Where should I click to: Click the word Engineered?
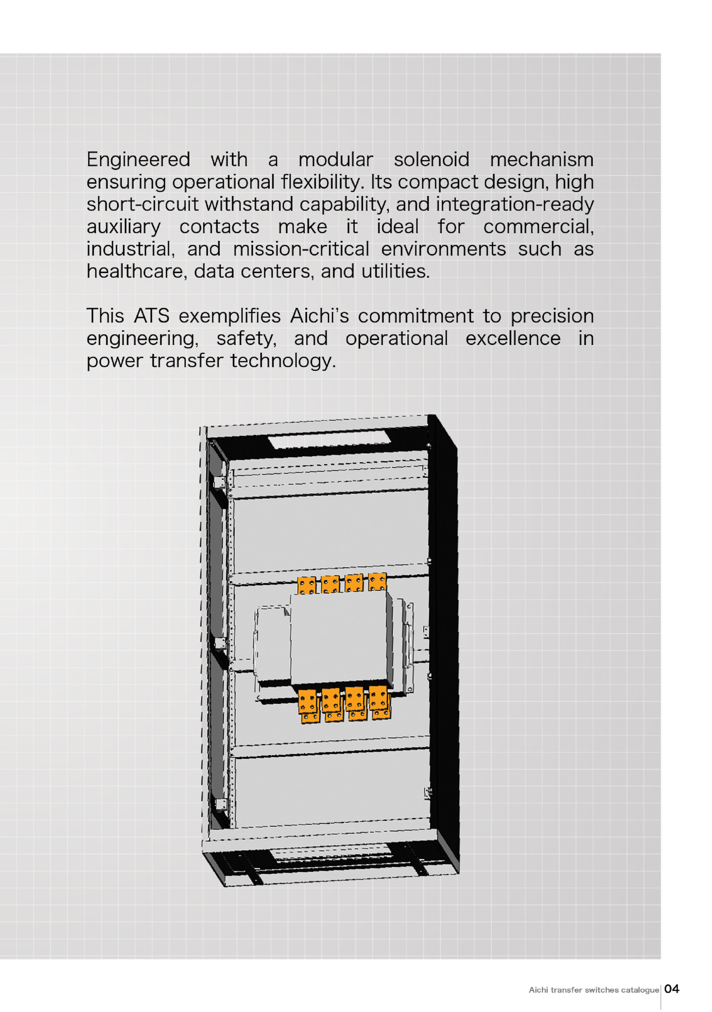(138, 160)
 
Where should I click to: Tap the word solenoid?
(431, 160)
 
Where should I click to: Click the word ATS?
(152, 316)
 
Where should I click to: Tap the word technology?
(283, 361)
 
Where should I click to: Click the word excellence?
(513, 339)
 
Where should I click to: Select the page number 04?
(672, 989)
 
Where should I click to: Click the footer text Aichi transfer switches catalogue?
(594, 990)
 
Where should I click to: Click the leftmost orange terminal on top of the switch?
(307, 586)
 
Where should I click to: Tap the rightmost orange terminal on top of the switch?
(377, 582)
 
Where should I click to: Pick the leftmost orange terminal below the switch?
(309, 706)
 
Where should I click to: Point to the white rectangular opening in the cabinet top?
(329, 440)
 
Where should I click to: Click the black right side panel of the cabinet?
(443, 644)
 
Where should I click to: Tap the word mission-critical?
(301, 249)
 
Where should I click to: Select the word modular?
(336, 160)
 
